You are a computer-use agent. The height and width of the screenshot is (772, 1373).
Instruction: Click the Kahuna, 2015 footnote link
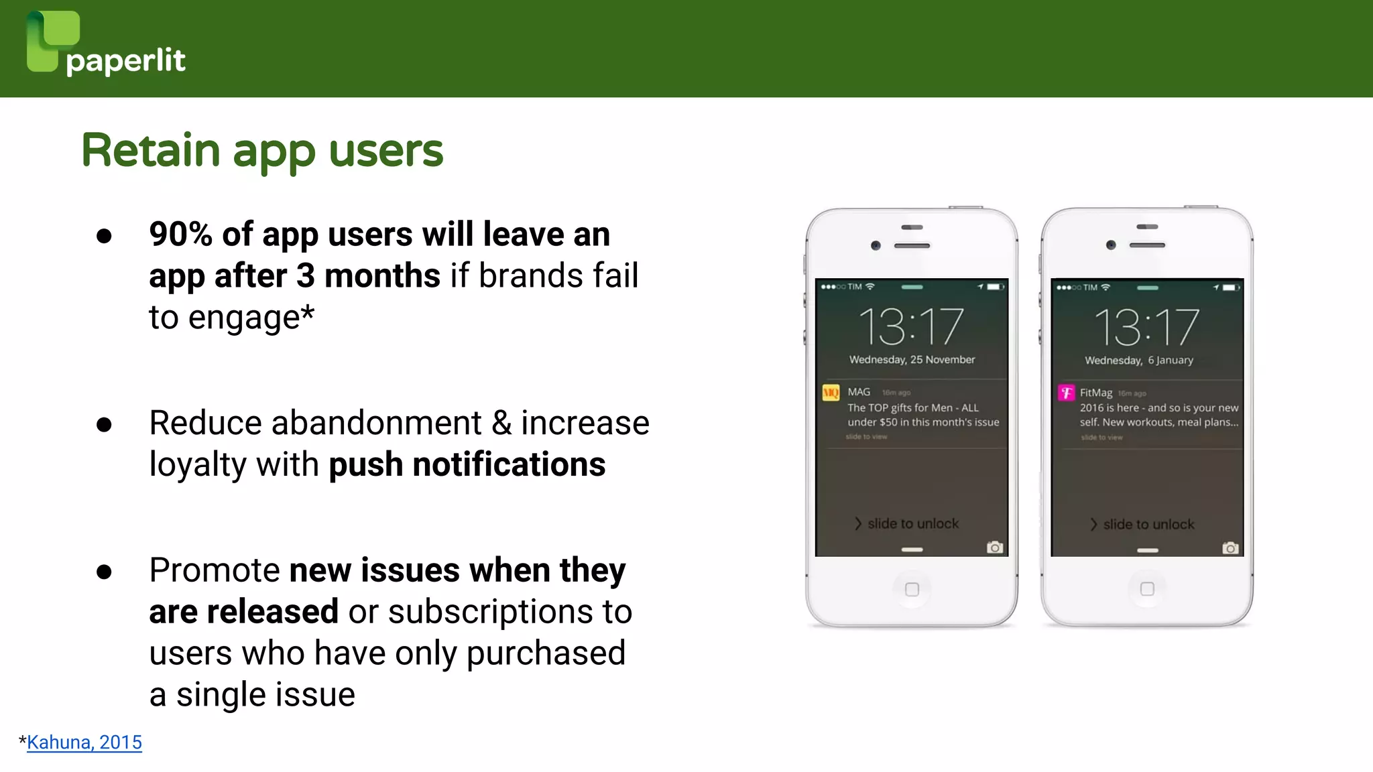pos(84,743)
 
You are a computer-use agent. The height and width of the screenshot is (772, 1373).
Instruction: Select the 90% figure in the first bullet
pos(180,235)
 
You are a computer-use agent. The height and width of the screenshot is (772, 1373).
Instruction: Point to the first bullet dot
pos(104,236)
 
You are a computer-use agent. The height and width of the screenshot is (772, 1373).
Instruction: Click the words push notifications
pos(467,464)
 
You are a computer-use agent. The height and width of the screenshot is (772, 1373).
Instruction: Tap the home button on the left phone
pos(912,590)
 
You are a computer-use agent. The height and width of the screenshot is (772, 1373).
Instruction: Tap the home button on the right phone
pos(1147,589)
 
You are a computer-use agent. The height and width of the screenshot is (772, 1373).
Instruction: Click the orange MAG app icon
pos(831,393)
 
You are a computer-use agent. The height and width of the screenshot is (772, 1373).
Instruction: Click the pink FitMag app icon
pos(1066,393)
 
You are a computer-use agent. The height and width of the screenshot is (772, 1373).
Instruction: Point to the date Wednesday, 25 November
pos(912,360)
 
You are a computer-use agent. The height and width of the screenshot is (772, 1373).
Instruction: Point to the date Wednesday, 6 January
pos(1139,361)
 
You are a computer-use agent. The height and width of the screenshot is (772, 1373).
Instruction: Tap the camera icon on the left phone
pos(995,548)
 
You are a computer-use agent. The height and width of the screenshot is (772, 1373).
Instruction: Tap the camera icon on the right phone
pos(1230,548)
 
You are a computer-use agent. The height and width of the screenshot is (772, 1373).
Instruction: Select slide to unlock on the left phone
pos(912,523)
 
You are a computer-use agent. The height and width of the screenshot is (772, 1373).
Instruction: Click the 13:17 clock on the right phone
pos(1146,327)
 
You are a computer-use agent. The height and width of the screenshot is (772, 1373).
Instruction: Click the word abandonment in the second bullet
pos(376,423)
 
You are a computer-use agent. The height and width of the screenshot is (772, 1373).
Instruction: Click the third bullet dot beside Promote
pos(104,572)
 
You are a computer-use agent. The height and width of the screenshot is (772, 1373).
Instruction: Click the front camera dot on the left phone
pos(876,245)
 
